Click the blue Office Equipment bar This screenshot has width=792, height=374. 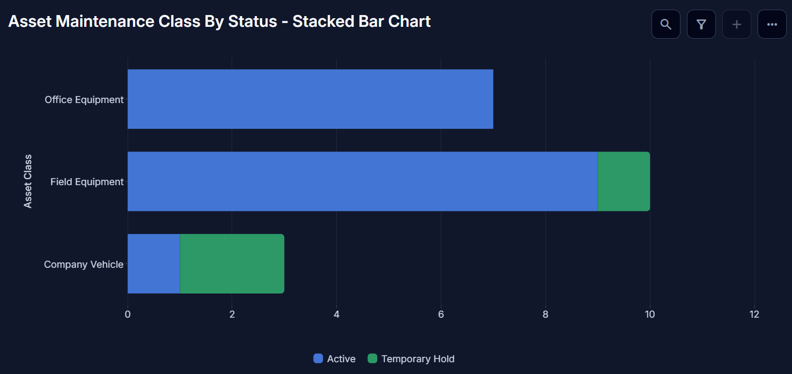pyautogui.click(x=310, y=99)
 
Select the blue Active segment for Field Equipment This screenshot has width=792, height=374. pyautogui.click(x=362, y=181)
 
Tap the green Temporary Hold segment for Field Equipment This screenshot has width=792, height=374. pyautogui.click(x=624, y=181)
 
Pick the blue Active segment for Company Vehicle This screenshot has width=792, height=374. pyautogui.click(x=154, y=263)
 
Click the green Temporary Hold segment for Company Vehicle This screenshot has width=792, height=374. pyautogui.click(x=232, y=263)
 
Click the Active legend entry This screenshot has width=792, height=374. pyautogui.click(x=335, y=359)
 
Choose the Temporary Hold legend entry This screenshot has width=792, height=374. pyautogui.click(x=411, y=359)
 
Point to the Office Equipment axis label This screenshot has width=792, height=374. pyautogui.click(x=84, y=100)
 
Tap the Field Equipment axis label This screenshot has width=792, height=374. pyautogui.click(x=87, y=182)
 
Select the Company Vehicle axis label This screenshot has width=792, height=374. pyautogui.click(x=84, y=265)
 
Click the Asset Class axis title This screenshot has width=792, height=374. pyautogui.click(x=27, y=181)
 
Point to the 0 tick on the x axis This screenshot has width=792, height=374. pyautogui.click(x=128, y=314)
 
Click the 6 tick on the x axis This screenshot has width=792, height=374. pyautogui.click(x=441, y=314)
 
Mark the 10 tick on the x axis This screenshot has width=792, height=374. pyautogui.click(x=650, y=314)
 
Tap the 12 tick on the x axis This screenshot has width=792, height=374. pyautogui.click(x=754, y=314)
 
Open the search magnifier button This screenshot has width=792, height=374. pyautogui.click(x=666, y=24)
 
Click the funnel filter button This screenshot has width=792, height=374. pyautogui.click(x=701, y=24)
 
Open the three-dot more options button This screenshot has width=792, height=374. pyautogui.click(x=772, y=24)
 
